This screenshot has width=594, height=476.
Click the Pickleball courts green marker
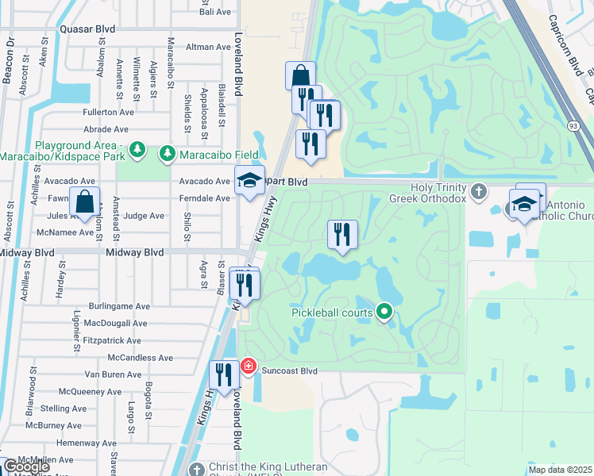pyautogui.click(x=385, y=312)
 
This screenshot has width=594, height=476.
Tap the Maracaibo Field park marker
pyautogui.click(x=167, y=152)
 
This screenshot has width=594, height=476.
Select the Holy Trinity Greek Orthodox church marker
pyautogui.click(x=478, y=191)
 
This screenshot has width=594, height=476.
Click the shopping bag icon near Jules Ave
pyautogui.click(x=84, y=203)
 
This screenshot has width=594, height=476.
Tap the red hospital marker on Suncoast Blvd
pyautogui.click(x=248, y=367)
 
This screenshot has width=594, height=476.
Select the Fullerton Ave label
pyautogui.click(x=106, y=113)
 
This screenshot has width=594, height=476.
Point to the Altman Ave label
pyautogui.click(x=207, y=48)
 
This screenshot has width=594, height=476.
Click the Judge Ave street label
pyautogui.click(x=145, y=216)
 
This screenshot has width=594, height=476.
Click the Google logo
pyautogui.click(x=25, y=466)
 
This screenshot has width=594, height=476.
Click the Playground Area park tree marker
pyautogui.click(x=137, y=149)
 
